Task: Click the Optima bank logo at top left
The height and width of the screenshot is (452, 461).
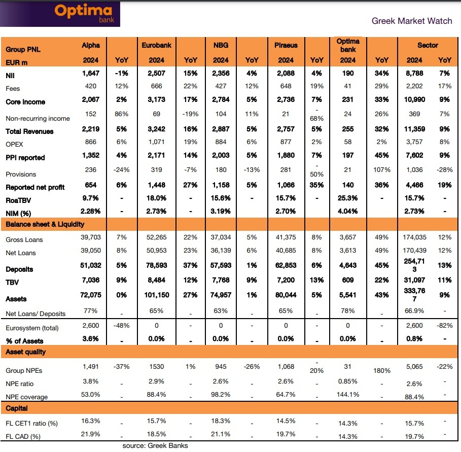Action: tap(85, 14)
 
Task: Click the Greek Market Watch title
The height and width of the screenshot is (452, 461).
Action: tap(411, 21)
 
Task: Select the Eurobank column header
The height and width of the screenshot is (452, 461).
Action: tap(157, 45)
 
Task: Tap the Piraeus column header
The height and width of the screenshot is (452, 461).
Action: tap(286, 45)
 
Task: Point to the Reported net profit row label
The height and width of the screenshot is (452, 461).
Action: tap(35, 187)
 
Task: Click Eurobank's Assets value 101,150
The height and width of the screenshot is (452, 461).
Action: tap(157, 295)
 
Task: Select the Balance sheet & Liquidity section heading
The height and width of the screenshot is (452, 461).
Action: tap(45, 224)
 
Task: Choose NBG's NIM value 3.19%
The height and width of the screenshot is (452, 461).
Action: tap(221, 211)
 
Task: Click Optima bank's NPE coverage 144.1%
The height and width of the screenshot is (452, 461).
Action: tap(348, 395)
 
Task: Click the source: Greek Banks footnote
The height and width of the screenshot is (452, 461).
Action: tap(155, 446)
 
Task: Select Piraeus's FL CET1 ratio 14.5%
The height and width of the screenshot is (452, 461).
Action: tap(286, 421)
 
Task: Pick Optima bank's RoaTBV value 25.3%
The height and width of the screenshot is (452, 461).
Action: tap(348, 198)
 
